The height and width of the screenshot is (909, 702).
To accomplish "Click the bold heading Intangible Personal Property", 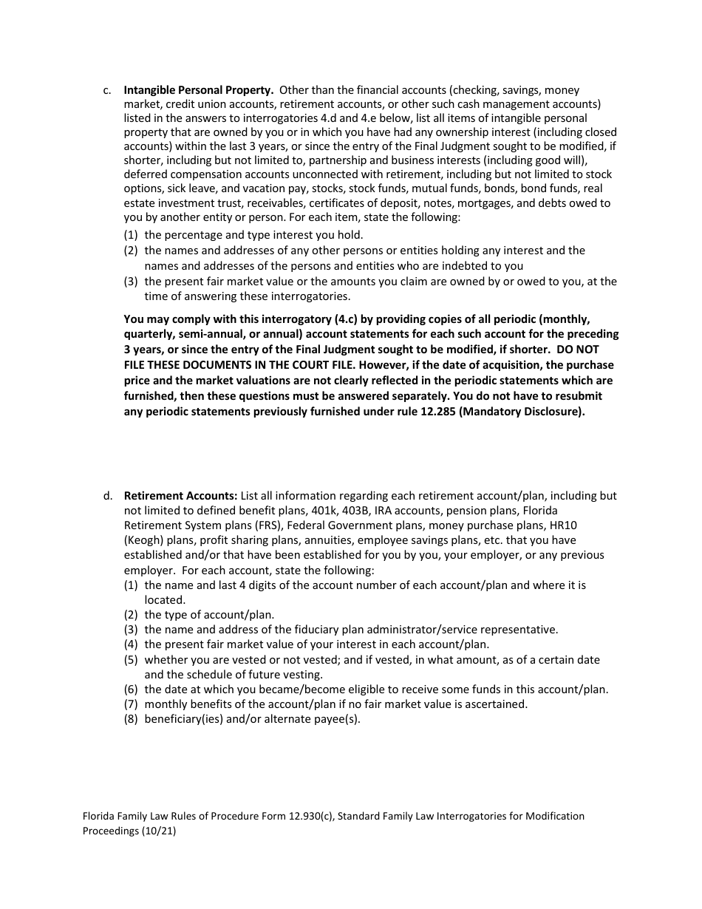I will click(x=199, y=90).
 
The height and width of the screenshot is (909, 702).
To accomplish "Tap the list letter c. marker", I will click(x=107, y=90).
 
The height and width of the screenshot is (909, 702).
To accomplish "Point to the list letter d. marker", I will click(x=107, y=496).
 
